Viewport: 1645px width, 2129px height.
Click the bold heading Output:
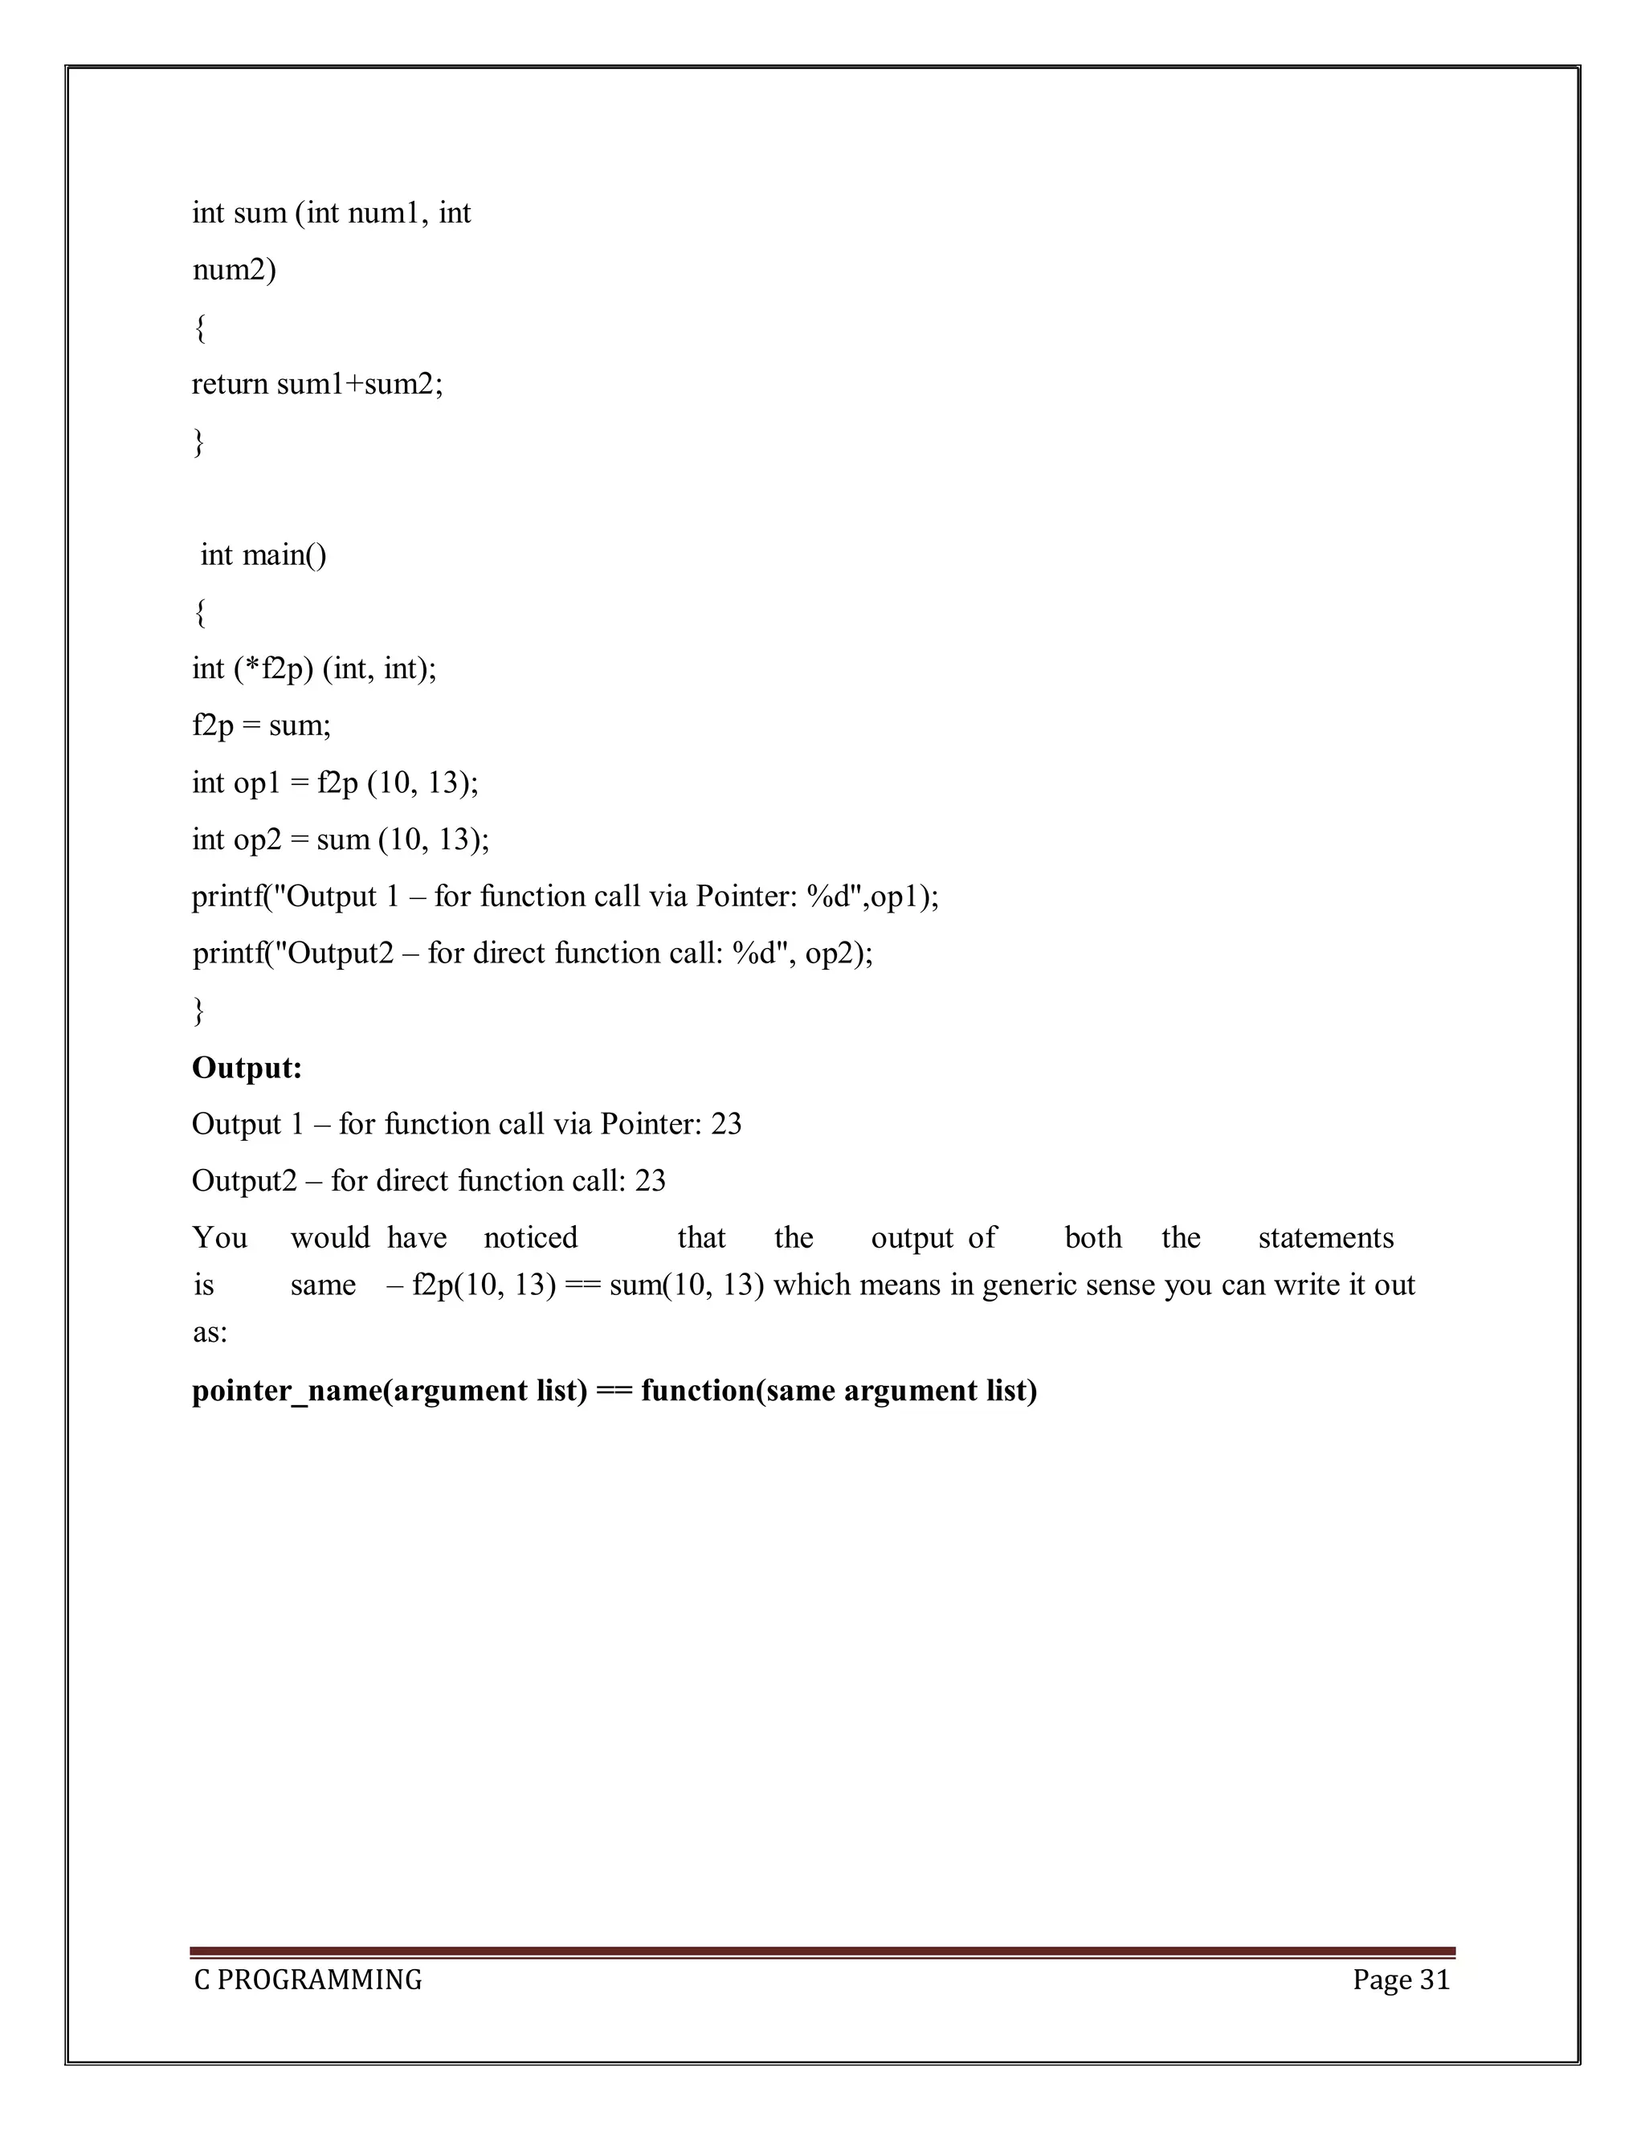[x=247, y=1069]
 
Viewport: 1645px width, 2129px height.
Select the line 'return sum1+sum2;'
[x=316, y=384]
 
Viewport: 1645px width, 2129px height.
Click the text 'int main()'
[x=263, y=556]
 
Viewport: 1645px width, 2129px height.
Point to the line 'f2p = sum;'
[x=261, y=725]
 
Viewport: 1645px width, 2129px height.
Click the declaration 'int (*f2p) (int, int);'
[x=314, y=668]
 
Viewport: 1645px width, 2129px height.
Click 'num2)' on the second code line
[x=234, y=269]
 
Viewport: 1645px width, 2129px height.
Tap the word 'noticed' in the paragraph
[x=530, y=1238]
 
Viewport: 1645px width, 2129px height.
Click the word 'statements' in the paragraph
[x=1325, y=1238]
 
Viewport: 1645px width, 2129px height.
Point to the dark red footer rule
[x=822, y=1951]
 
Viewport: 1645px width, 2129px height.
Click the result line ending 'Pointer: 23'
[x=466, y=1125]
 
